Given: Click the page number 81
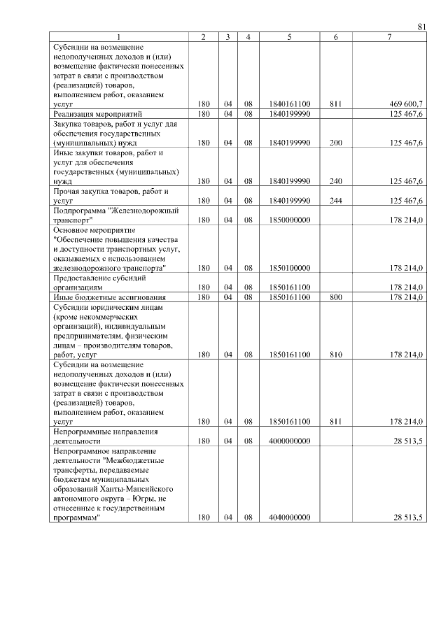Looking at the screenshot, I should point(421,27).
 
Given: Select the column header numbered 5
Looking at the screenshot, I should point(289,37).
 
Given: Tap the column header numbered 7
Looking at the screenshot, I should point(388,37).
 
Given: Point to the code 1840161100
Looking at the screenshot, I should point(289,104).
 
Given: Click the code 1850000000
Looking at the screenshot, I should point(289,220).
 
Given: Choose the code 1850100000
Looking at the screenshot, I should point(289,268).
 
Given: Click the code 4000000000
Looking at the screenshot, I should point(289,441).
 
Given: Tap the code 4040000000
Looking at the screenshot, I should point(289,518).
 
